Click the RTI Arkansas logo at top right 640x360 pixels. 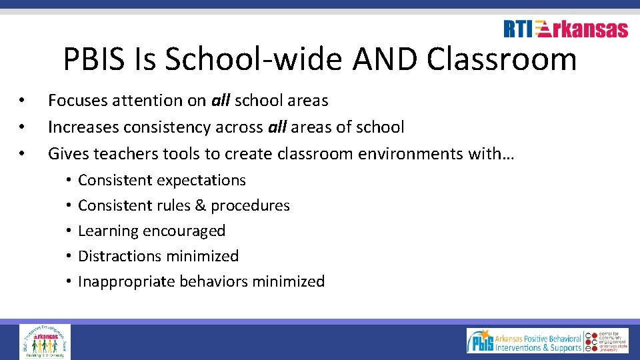[565, 29]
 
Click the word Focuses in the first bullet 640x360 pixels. [76, 101]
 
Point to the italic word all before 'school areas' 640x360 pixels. [221, 101]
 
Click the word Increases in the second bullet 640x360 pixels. [79, 127]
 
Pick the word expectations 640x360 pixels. [204, 180]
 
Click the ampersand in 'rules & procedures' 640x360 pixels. [200, 205]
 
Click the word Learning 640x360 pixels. [107, 231]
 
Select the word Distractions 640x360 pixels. [119, 256]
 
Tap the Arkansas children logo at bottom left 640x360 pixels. [45, 341]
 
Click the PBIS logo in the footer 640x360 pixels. [480, 341]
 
